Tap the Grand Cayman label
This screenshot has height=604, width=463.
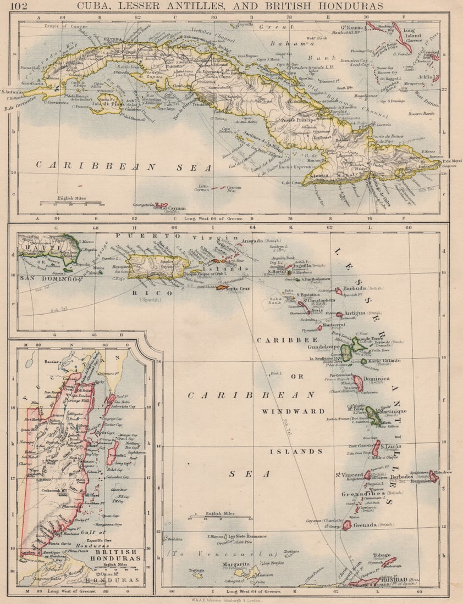coord(169,209)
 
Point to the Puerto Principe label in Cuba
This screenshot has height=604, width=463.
coord(297,120)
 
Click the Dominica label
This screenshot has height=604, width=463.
coord(376,379)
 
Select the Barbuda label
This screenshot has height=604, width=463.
coord(354,287)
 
